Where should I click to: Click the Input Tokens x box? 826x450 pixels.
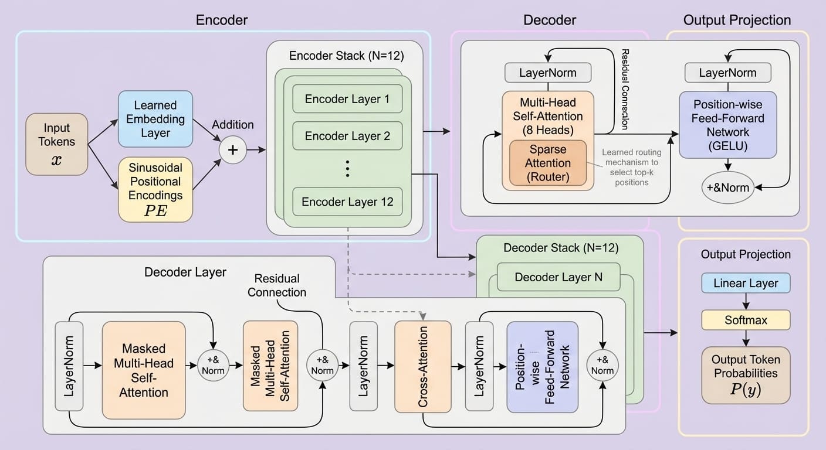(x=57, y=143)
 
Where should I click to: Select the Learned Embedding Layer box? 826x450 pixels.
(x=155, y=118)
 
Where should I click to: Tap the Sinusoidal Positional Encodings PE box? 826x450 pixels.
(x=155, y=189)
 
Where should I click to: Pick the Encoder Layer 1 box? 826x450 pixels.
(x=347, y=99)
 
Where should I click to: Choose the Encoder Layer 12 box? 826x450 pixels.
(x=347, y=202)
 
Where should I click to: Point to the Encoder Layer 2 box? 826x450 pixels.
(x=347, y=136)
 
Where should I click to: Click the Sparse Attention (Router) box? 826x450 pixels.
(x=550, y=162)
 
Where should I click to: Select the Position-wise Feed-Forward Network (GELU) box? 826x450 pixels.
(x=728, y=124)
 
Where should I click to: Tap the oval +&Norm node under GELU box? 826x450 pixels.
(x=728, y=187)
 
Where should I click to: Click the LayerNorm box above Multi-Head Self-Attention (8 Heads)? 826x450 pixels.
(x=548, y=73)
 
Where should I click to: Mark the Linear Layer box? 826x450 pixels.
(x=746, y=283)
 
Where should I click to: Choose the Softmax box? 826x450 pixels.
(x=746, y=321)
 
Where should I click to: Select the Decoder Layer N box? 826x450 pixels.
(x=558, y=277)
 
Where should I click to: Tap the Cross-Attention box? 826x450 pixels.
(x=423, y=366)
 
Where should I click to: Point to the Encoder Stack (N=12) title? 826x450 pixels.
(x=347, y=56)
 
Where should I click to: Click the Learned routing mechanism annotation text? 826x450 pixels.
(x=631, y=167)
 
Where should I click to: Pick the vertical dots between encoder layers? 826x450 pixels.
(x=347, y=169)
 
